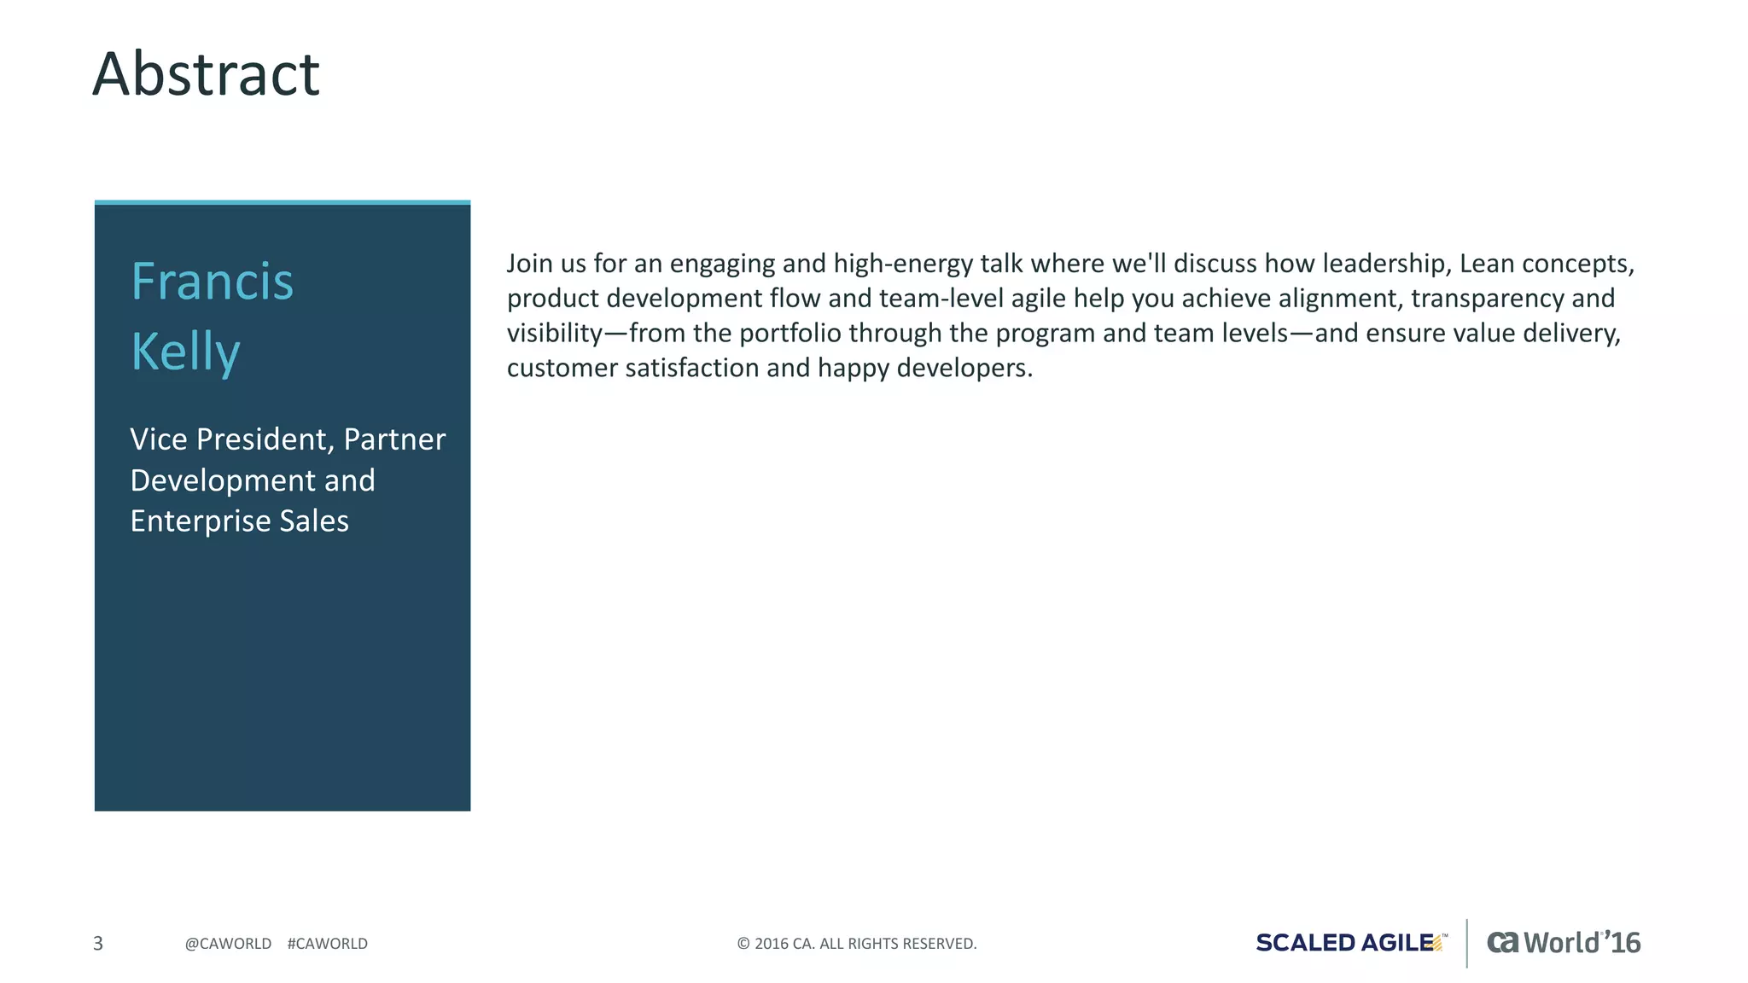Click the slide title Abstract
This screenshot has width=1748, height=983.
tap(206, 74)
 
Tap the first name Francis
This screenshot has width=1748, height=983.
tap(212, 282)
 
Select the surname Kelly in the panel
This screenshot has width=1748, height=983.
tap(185, 352)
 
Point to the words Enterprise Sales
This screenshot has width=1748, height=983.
tap(239, 521)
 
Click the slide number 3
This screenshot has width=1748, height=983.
tap(98, 943)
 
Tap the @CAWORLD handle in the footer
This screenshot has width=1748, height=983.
tap(228, 944)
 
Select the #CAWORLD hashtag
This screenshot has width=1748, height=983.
tap(328, 944)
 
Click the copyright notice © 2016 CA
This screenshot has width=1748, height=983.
tap(856, 944)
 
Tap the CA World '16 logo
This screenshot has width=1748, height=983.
tap(1564, 943)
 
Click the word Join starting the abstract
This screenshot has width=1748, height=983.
tap(529, 264)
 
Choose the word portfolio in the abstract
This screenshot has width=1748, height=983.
tap(784, 334)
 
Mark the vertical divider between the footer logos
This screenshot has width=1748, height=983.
tap(1467, 943)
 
